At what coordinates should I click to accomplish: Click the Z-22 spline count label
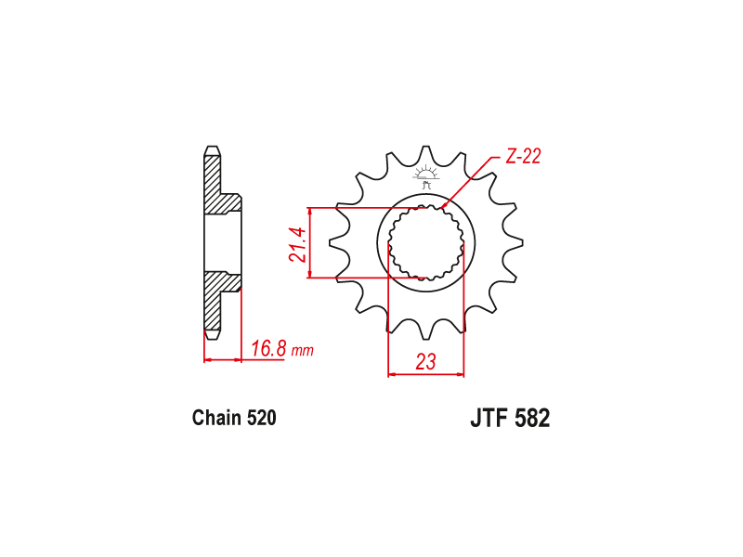[523, 157]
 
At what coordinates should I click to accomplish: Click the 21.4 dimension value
[297, 243]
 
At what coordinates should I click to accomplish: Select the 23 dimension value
[426, 362]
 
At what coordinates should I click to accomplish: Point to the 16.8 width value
[267, 349]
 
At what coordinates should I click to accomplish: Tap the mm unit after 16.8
[303, 351]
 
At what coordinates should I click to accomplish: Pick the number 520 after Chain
[261, 418]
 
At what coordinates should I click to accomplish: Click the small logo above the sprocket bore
[427, 176]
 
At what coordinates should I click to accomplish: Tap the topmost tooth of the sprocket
[427, 155]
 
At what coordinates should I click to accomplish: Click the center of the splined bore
[426, 243]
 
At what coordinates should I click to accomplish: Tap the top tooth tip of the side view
[213, 149]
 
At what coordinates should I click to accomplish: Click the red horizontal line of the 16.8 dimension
[243, 359]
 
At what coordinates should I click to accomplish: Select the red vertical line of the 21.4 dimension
[310, 243]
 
